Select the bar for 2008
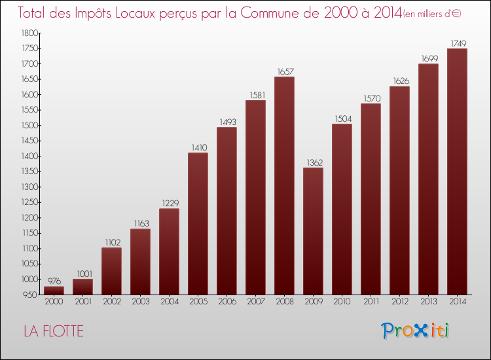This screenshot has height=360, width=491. click(x=284, y=186)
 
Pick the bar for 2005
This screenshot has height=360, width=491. click(x=198, y=223)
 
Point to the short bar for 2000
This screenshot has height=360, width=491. click(x=54, y=291)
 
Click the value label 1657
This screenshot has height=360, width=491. click(x=284, y=71)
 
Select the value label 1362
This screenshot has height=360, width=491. click(x=313, y=162)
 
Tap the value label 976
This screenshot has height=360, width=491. click(x=54, y=280)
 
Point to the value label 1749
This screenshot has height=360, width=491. click(x=457, y=43)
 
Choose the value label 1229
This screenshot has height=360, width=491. click(x=169, y=203)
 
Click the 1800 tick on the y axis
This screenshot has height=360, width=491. click(x=28, y=33)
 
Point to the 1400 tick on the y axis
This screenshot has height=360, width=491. click(x=28, y=156)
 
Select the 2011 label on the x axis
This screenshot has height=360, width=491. click(x=371, y=302)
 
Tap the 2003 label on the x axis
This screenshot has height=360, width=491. click(x=140, y=302)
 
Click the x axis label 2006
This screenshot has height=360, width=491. click(x=227, y=302)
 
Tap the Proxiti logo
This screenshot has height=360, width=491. click(x=415, y=331)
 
